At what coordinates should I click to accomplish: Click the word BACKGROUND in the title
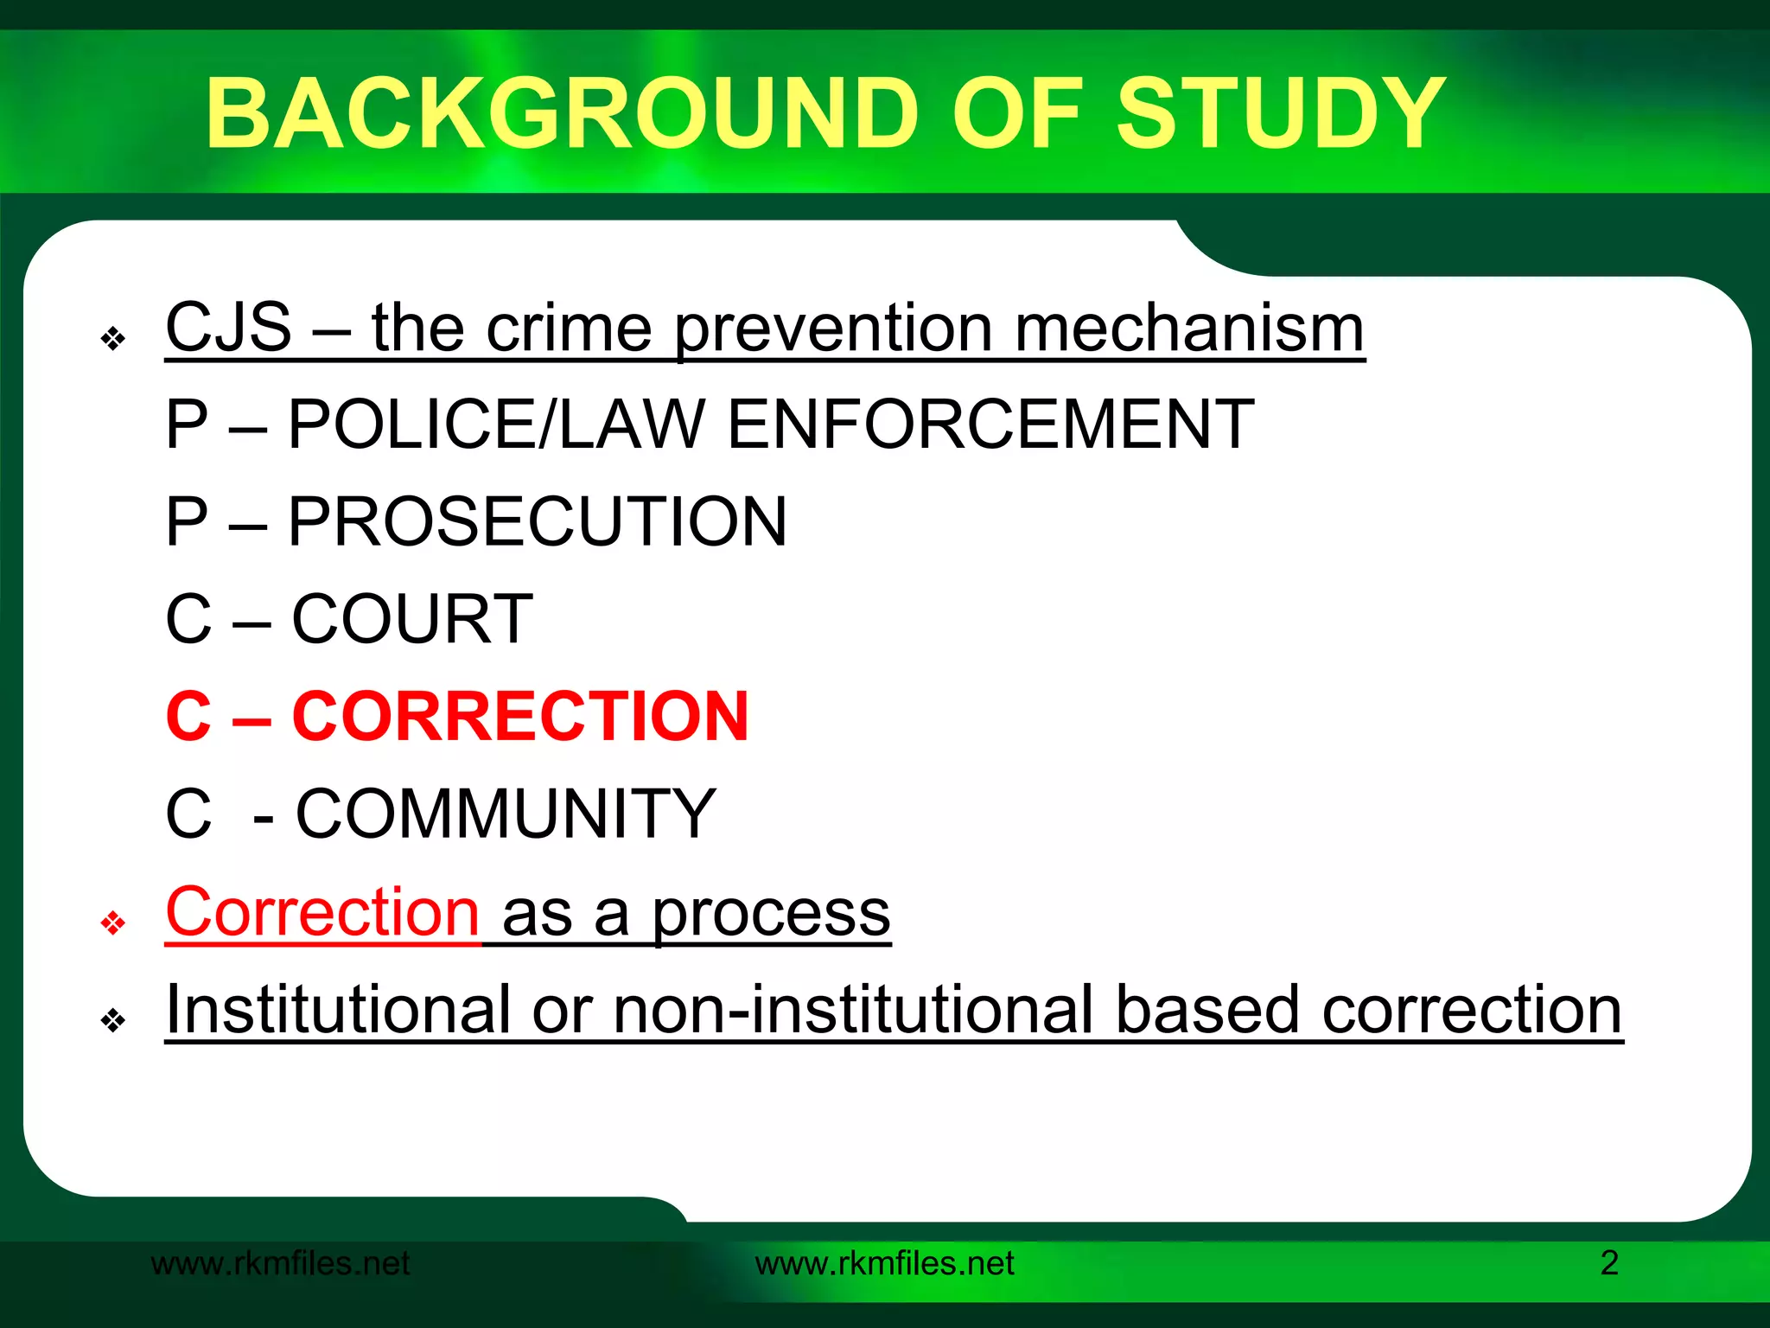[x=562, y=113]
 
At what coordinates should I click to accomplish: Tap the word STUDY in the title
[x=1281, y=113]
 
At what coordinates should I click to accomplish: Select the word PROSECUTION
[x=537, y=521]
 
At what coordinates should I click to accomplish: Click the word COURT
[x=412, y=619]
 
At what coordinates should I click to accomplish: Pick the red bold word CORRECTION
[x=520, y=716]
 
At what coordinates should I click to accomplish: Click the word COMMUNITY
[x=506, y=814]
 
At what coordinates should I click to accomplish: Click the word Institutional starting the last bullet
[x=338, y=1009]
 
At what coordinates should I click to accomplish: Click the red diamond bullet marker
[x=113, y=923]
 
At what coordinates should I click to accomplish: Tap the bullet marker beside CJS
[x=113, y=339]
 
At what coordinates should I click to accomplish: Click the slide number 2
[x=1609, y=1263]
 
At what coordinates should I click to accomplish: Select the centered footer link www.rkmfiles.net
[x=884, y=1263]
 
